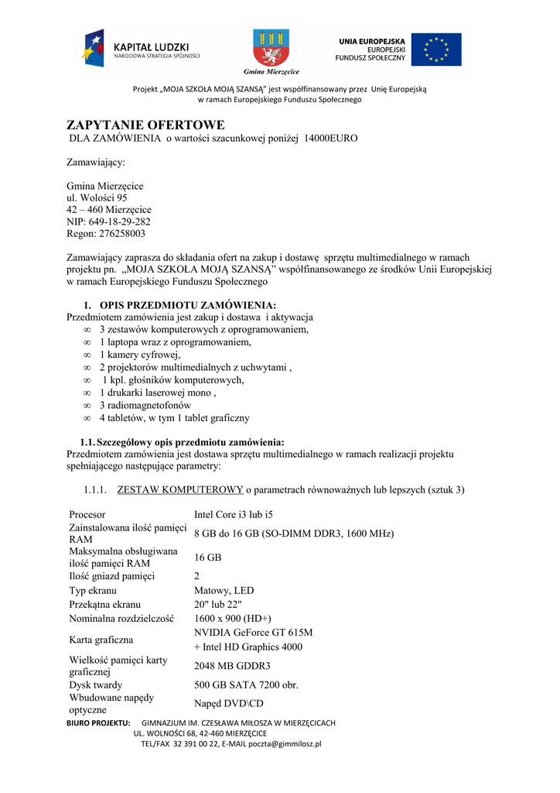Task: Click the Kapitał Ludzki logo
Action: pos(142,48)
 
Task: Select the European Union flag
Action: pos(435,50)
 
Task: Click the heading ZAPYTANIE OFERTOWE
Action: pos(145,125)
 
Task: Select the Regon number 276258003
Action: pos(106,234)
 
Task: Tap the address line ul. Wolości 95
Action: pos(97,198)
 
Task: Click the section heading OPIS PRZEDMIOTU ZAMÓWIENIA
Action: pos(187,304)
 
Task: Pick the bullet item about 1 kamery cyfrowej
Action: pos(139,355)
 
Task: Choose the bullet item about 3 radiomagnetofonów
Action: pos(145,405)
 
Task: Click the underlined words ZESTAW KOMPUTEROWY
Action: pos(180,490)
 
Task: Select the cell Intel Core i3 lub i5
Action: pos(233,515)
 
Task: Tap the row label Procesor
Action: pos(87,515)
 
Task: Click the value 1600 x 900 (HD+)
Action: pos(232,619)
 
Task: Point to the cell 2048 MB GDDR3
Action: pos(232,666)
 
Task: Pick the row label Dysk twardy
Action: pos(95,685)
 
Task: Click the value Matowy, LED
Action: pos(224,591)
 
